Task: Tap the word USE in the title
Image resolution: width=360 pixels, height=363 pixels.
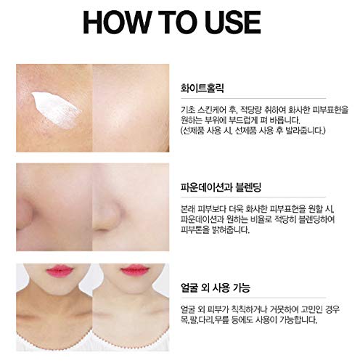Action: coord(240,22)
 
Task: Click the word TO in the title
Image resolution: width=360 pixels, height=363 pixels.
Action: coord(179,22)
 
